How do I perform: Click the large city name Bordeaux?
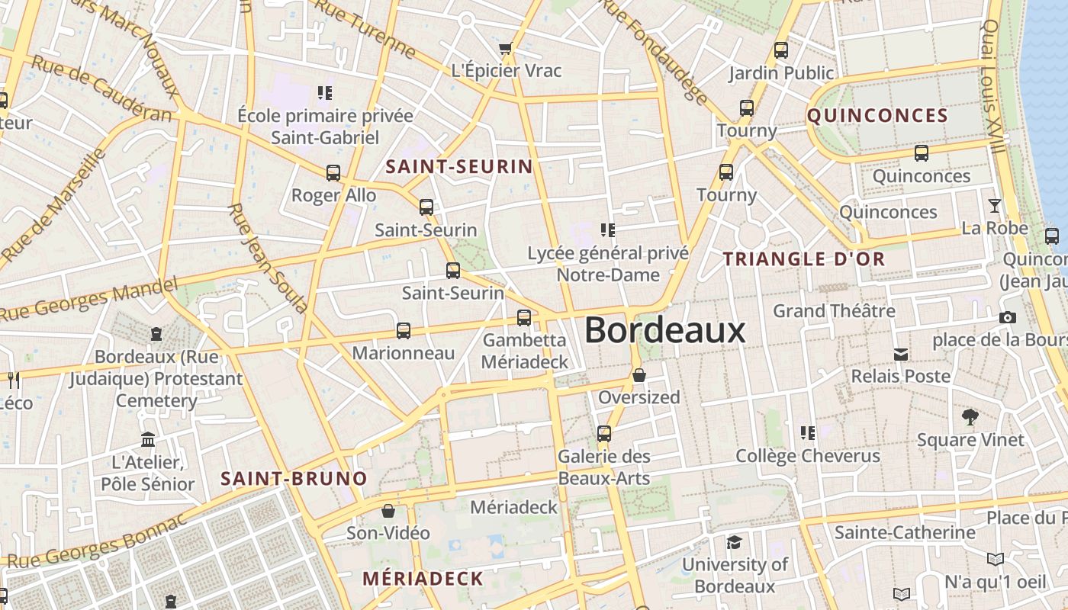click(x=664, y=330)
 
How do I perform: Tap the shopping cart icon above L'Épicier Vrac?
click(x=505, y=50)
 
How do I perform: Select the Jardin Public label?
click(x=781, y=73)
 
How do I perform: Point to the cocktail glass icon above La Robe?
click(x=995, y=206)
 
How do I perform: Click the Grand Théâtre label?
click(x=834, y=311)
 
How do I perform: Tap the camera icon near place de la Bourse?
click(x=1007, y=317)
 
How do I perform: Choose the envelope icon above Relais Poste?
click(x=901, y=354)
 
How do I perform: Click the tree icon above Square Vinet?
click(x=970, y=417)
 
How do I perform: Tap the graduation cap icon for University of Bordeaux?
click(x=734, y=542)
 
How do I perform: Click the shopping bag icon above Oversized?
click(x=639, y=375)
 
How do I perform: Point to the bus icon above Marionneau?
click(x=404, y=331)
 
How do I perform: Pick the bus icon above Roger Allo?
click(x=333, y=173)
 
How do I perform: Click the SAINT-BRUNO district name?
click(x=294, y=479)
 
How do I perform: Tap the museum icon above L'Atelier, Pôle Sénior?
click(x=148, y=440)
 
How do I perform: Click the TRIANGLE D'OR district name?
click(x=804, y=259)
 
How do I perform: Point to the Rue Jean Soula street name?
click(x=267, y=258)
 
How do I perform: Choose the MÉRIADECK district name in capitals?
click(x=423, y=579)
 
